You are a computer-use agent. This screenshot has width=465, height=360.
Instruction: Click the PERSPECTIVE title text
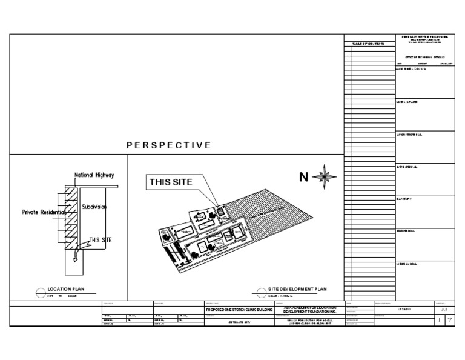[169, 145]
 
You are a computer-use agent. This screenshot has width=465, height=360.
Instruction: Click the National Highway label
[94, 175]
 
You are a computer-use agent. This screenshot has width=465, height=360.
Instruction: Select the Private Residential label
[43, 212]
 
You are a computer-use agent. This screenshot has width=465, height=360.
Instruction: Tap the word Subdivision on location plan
[94, 207]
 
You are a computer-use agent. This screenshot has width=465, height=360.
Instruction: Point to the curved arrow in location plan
[75, 258]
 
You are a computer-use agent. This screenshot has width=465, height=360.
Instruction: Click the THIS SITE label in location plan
[101, 241]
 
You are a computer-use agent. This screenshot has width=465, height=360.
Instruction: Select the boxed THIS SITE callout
[171, 182]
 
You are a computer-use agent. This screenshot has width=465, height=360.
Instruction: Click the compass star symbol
[326, 176]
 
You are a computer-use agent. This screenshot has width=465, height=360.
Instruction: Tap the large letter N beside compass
[305, 177]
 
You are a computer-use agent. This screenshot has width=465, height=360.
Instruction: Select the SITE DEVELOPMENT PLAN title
[297, 290]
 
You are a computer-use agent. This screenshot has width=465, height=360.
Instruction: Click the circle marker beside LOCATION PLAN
[41, 292]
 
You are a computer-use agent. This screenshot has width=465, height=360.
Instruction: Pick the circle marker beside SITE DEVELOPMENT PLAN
[262, 292]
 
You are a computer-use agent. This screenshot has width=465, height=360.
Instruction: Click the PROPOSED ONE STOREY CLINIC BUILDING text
[239, 310]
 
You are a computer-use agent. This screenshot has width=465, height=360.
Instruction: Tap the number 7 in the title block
[449, 320]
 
